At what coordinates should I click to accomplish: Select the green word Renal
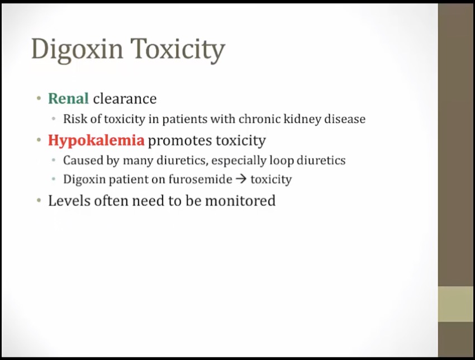tap(69, 98)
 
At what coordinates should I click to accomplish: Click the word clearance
tap(125, 98)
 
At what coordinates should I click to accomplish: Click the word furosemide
tap(200, 179)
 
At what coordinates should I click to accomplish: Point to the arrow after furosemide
tap(241, 179)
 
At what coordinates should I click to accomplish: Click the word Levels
tap(69, 201)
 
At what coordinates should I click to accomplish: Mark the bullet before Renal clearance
tap(39, 98)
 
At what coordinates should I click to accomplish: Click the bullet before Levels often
tap(39, 200)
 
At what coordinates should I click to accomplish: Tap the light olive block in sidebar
tap(456, 304)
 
